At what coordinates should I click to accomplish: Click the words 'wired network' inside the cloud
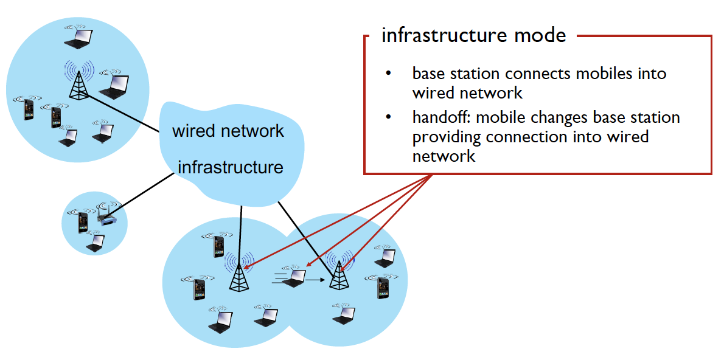228,131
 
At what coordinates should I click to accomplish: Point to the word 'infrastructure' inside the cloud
231,167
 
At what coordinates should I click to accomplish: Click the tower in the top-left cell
78,80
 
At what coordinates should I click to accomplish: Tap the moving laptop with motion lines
294,277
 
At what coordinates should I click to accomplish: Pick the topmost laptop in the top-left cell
78,38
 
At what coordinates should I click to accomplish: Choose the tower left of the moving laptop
237,274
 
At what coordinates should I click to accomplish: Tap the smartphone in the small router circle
83,223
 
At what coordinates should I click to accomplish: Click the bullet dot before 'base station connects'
388,74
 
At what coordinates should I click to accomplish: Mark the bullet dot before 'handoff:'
388,117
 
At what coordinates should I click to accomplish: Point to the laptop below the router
95,243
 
